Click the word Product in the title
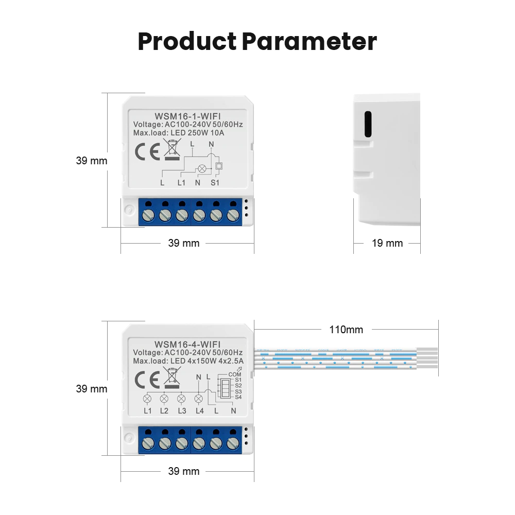[x=187, y=42]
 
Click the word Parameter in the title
[x=310, y=42]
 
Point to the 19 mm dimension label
[x=387, y=243]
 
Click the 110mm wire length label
[x=346, y=330]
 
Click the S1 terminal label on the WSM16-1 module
[x=215, y=182]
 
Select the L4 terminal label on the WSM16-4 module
[x=200, y=410]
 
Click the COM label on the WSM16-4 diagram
[x=234, y=374]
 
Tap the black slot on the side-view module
[x=368, y=125]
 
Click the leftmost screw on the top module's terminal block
[x=148, y=215]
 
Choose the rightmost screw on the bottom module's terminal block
[x=233, y=443]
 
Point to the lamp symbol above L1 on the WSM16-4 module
[x=147, y=398]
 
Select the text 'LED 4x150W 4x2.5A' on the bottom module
[x=203, y=361]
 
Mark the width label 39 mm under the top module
[x=184, y=243]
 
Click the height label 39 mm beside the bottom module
[x=92, y=389]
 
